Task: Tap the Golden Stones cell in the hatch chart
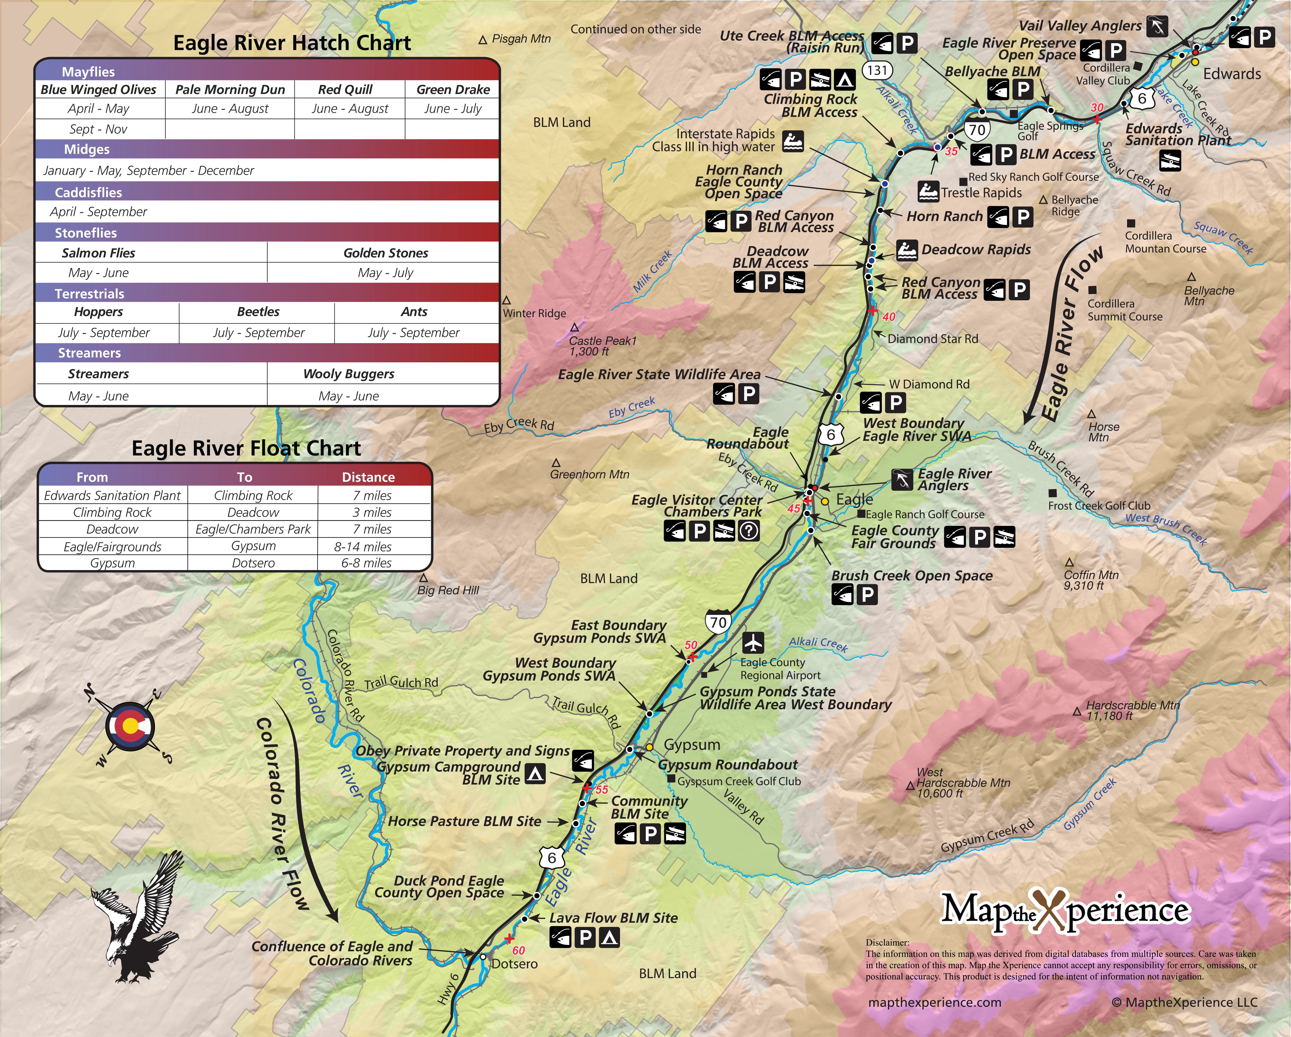(x=386, y=253)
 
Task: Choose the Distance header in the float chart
(x=368, y=477)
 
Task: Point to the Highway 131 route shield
(x=877, y=70)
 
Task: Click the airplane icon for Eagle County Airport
(x=753, y=643)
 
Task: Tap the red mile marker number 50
(x=691, y=645)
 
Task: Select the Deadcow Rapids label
(x=976, y=250)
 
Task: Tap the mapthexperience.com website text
(x=934, y=1002)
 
